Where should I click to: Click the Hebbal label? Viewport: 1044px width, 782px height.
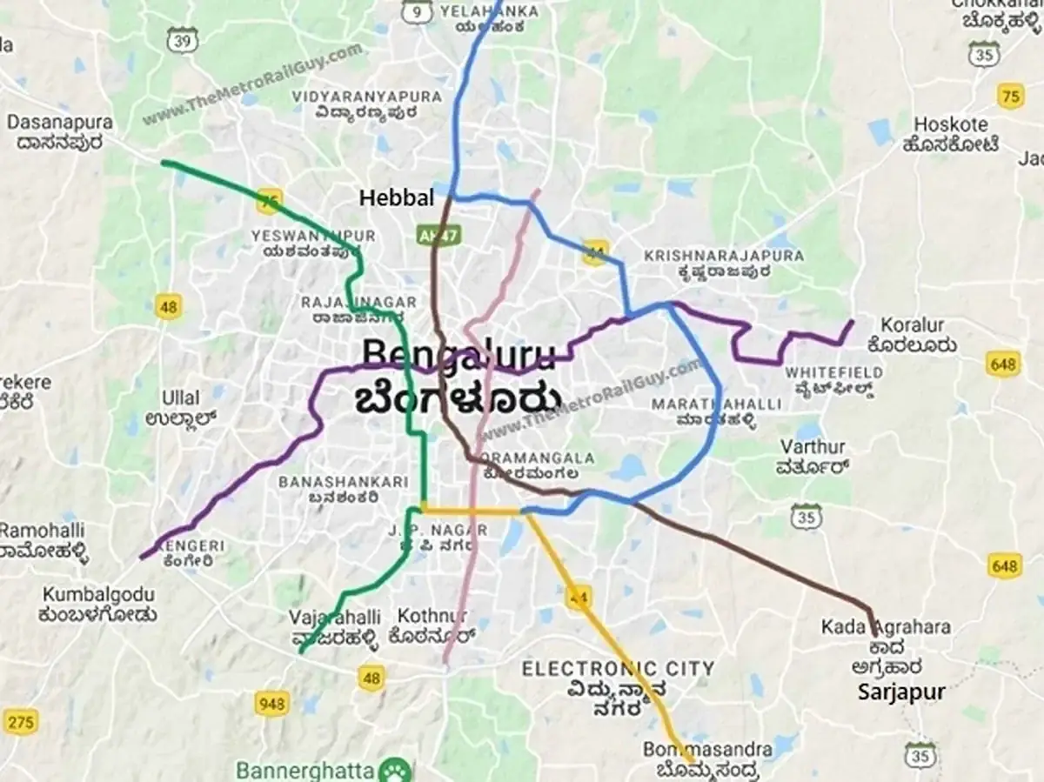point(396,198)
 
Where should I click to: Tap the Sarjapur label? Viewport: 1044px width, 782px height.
point(900,692)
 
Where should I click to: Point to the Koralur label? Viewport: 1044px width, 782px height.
point(912,325)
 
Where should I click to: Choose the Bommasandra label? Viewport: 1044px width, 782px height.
point(706,749)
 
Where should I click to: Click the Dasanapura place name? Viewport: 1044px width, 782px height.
point(60,122)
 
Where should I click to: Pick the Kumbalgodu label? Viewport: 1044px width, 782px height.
point(98,595)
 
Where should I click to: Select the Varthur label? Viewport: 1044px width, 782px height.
point(812,447)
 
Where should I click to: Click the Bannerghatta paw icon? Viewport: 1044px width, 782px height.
point(401,771)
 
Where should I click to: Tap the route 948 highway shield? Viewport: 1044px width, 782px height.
point(272,703)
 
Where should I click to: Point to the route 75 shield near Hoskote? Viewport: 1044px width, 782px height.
point(1010,96)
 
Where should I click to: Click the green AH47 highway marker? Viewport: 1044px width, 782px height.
point(443,235)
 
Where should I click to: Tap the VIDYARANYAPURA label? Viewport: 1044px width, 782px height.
point(366,97)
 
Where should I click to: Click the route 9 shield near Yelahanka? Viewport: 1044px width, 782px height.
point(418,10)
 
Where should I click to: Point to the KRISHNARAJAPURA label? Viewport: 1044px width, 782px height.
point(724,256)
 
